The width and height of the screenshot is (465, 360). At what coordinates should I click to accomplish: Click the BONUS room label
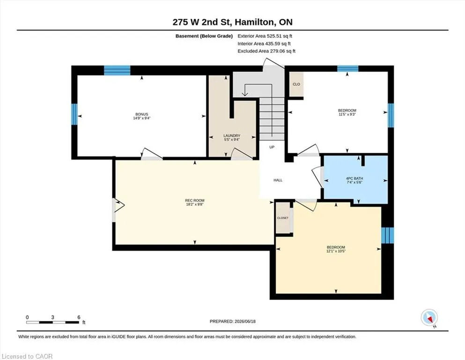tap(142, 114)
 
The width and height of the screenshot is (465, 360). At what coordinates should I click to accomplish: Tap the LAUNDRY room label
tap(232, 135)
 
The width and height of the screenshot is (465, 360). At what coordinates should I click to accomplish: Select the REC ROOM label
tap(195, 200)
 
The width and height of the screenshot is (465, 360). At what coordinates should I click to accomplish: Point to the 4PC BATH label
tap(354, 179)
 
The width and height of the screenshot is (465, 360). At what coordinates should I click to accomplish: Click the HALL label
tap(278, 180)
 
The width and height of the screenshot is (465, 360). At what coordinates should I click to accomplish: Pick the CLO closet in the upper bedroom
tap(296, 84)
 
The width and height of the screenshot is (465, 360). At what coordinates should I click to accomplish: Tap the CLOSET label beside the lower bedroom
tap(283, 218)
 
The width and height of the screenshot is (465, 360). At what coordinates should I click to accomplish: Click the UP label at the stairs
tap(272, 147)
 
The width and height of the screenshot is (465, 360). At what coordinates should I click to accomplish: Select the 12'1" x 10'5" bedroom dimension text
tap(336, 251)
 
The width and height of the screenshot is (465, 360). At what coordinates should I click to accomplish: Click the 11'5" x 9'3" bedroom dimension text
tap(347, 114)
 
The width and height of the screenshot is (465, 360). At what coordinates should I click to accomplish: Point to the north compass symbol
tap(429, 318)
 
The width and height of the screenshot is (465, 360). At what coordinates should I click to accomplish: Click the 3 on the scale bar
tap(52, 317)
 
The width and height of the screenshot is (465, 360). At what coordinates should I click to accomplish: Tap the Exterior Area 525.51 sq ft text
tap(265, 36)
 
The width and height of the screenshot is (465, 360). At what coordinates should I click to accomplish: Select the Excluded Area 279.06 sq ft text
tap(266, 51)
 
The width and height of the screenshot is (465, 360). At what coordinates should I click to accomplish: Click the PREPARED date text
tap(232, 321)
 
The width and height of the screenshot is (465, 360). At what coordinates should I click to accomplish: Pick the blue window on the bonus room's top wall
tap(117, 70)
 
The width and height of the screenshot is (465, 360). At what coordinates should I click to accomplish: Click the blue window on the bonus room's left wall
tap(74, 114)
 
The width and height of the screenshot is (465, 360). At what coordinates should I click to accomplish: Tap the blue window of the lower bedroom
tap(388, 235)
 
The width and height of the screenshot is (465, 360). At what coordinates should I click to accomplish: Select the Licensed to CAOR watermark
tap(27, 356)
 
